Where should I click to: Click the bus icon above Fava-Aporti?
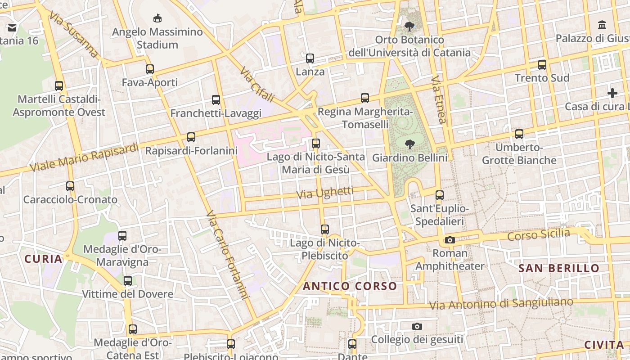point(150,69)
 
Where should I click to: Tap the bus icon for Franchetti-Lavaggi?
point(216,100)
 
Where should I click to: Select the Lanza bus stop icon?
point(310,58)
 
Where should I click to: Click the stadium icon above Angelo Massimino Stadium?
point(157,18)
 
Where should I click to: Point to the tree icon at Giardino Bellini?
point(409,144)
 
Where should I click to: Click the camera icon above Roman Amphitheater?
point(450,240)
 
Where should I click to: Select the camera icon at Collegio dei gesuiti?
point(417,326)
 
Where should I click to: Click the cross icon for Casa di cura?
point(612,94)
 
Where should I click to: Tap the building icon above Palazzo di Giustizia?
point(602,25)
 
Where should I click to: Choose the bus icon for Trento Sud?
point(542,65)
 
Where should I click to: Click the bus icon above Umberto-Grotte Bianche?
point(519,134)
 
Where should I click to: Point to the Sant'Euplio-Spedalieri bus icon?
point(440,196)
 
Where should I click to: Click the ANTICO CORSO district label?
point(350,286)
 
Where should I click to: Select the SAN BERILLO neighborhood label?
point(559,269)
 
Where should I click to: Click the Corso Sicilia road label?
point(538,235)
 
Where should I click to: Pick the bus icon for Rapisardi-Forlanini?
point(191,137)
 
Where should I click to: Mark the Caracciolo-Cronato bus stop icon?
point(70,186)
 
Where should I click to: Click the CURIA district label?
point(43,259)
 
